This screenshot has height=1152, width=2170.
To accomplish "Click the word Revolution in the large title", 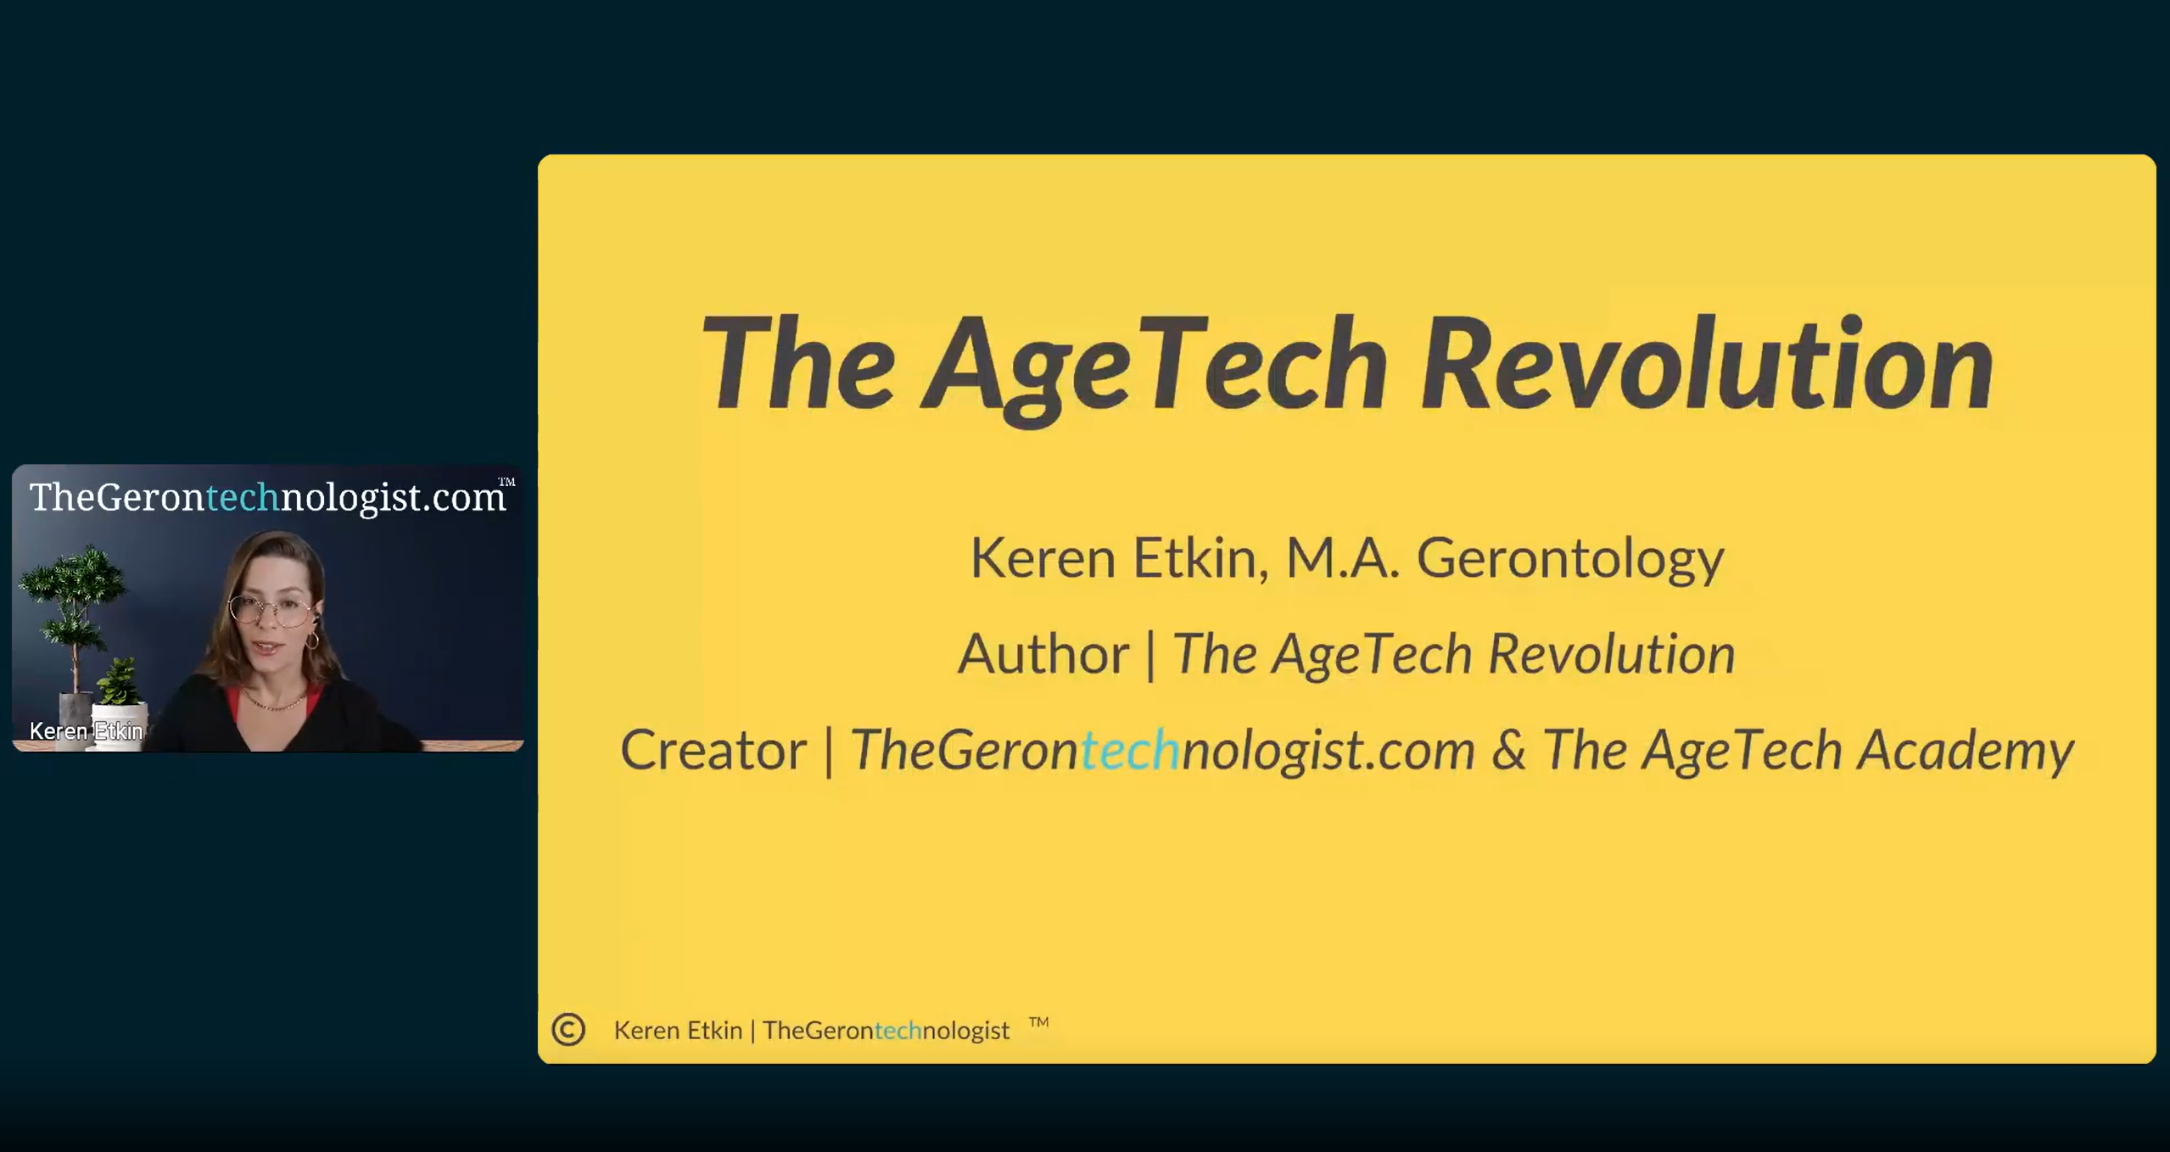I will point(1707,365).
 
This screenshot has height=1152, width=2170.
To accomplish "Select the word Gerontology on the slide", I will point(1570,559).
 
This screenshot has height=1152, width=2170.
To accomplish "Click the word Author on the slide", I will point(1043,654).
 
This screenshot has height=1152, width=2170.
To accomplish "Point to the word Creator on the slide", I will point(713,750).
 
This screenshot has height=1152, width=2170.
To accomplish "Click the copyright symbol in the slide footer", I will point(568,1029).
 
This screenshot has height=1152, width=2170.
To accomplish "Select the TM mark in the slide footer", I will point(1038,1022).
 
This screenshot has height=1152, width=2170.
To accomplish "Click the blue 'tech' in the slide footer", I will point(898,1030).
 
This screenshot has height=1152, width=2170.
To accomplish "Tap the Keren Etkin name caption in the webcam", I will point(86,730).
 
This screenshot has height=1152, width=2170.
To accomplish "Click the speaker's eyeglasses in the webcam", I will point(270,609).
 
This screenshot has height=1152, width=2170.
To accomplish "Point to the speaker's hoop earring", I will point(312,640).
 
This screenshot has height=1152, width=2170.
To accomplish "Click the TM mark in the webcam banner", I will point(506,482).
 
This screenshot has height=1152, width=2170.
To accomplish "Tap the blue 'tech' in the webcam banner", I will point(243,497).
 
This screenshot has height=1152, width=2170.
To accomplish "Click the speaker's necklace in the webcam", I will point(273,703).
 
